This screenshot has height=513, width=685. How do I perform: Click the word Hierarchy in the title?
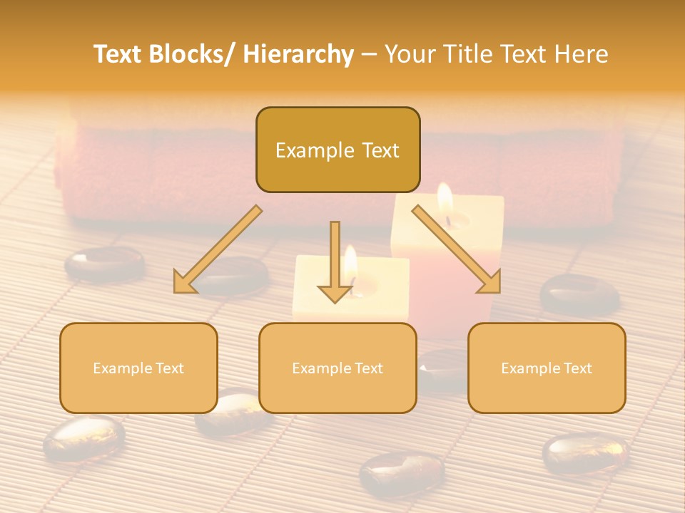pyautogui.click(x=298, y=54)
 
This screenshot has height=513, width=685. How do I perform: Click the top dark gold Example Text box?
pyautogui.click(x=338, y=150)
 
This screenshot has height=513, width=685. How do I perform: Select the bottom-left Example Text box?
pyautogui.click(x=138, y=368)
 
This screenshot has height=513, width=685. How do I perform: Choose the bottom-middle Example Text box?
pyautogui.click(x=338, y=368)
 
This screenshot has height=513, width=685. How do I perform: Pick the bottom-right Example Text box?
pyautogui.click(x=547, y=368)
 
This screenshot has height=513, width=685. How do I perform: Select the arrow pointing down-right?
pyautogui.click(x=457, y=250)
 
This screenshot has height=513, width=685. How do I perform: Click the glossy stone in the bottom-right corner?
pyautogui.click(x=585, y=453)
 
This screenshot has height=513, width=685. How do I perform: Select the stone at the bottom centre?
pyautogui.click(x=402, y=473)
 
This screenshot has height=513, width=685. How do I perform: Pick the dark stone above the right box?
pyautogui.click(x=579, y=293)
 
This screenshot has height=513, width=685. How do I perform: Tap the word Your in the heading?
pyautogui.click(x=410, y=54)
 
